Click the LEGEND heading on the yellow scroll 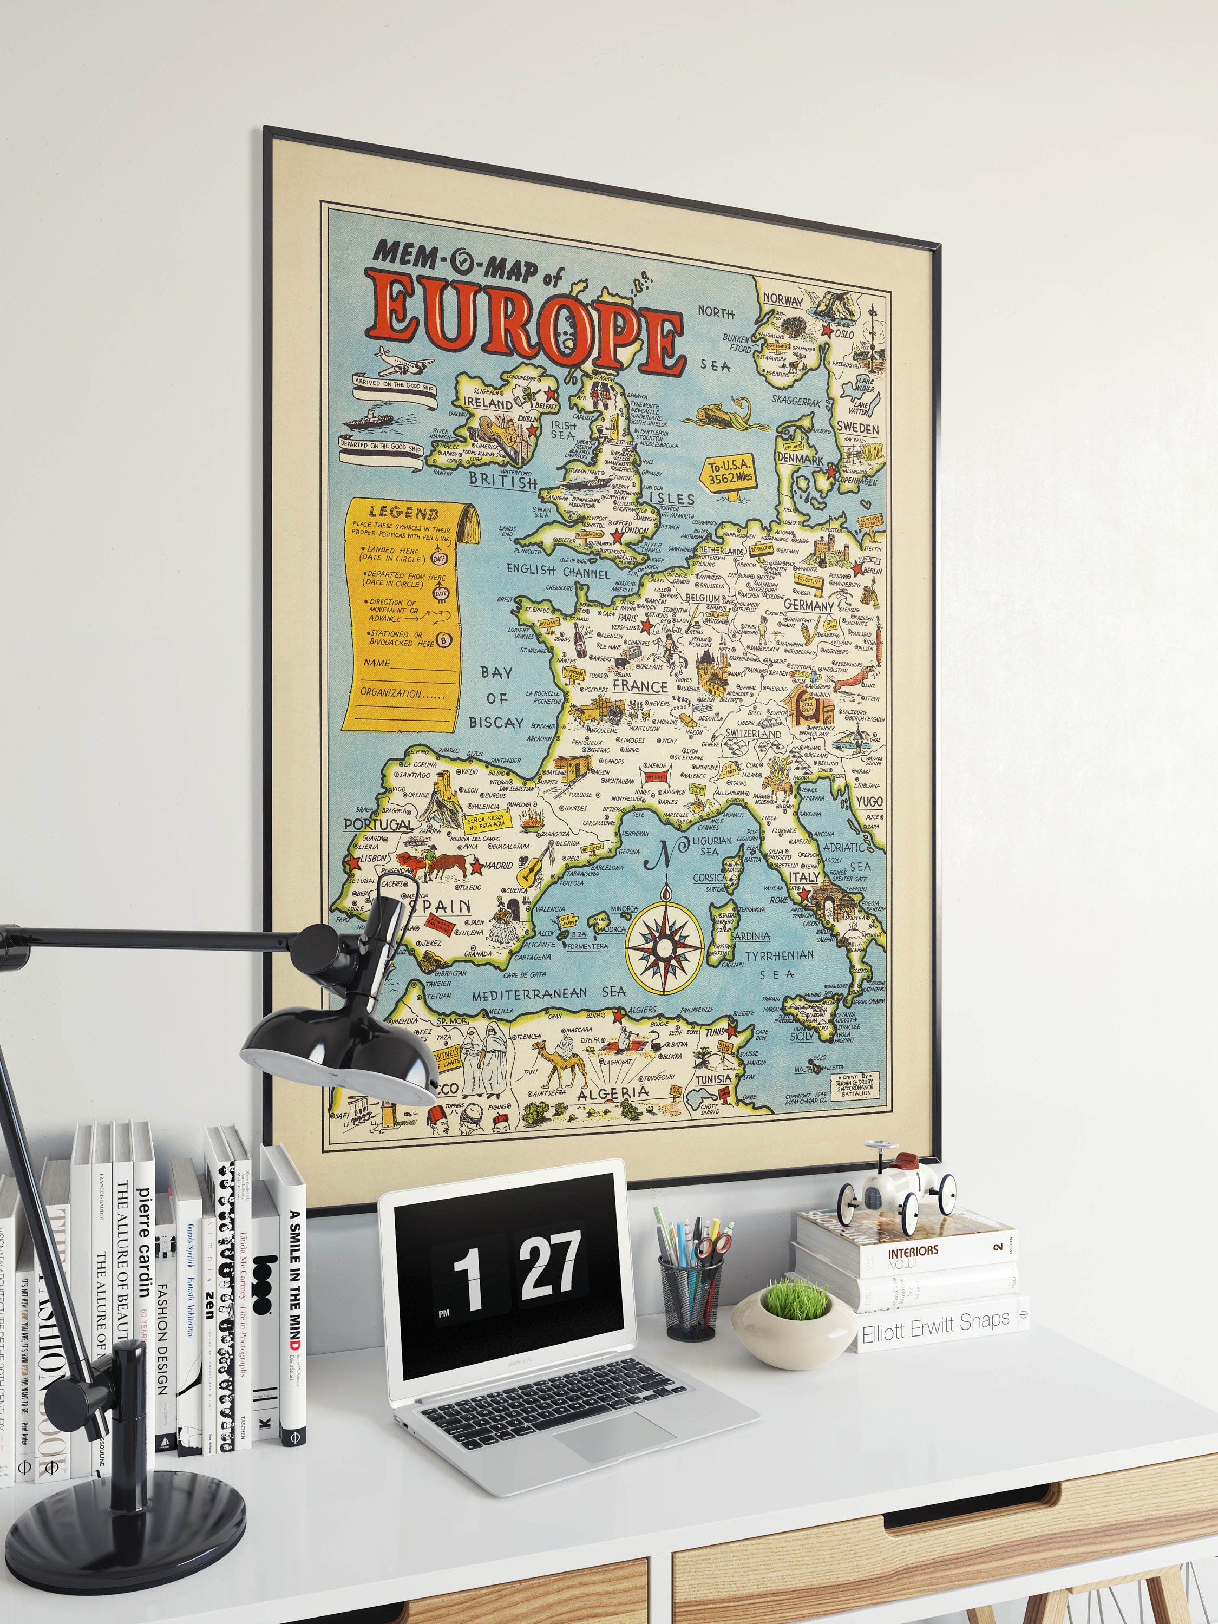(x=403, y=513)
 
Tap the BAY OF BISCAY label (x=496, y=697)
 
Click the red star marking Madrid (x=476, y=867)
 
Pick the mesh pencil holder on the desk (x=690, y=1296)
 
